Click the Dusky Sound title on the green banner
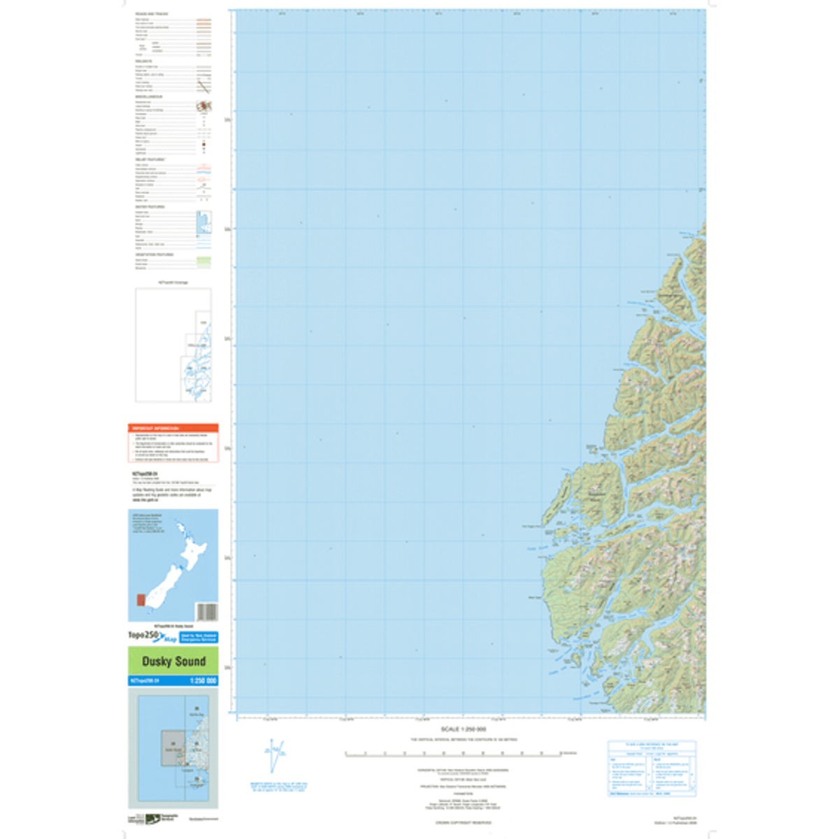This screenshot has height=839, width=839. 173,661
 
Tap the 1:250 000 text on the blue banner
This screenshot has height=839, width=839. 203,680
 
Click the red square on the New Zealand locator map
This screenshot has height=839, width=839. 141,600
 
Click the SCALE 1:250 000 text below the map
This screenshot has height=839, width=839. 463,729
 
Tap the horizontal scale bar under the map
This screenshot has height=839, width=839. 453,754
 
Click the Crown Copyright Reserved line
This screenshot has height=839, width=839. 463,822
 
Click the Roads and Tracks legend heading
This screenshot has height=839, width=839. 151,14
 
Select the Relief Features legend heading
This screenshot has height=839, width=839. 150,159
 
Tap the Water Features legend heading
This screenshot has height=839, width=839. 150,207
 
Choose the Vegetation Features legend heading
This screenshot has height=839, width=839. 154,254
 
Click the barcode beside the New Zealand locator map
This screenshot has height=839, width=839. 206,612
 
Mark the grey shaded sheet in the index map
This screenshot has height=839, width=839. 173,751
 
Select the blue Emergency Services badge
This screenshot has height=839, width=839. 199,638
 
